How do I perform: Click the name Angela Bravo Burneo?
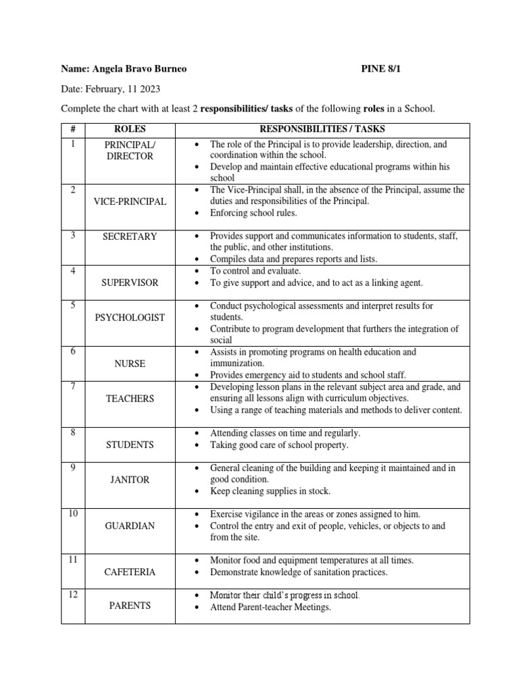pos(143,69)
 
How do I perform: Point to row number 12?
pos(72,595)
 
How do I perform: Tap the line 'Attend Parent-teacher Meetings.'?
pos(270,607)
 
